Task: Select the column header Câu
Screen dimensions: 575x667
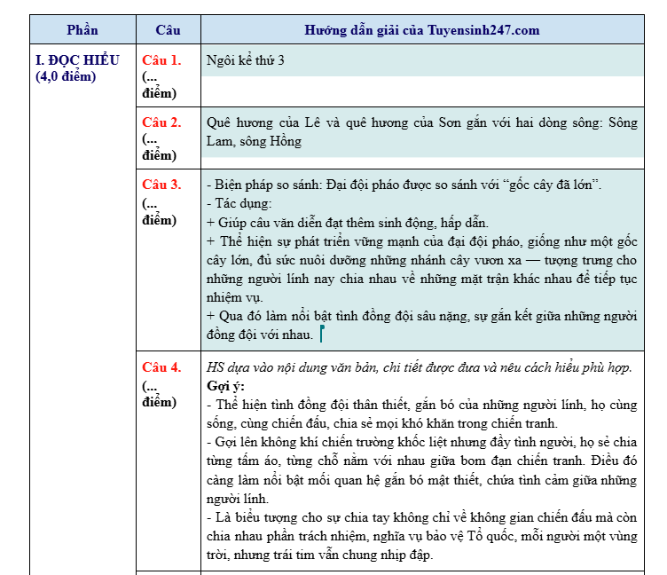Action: pyautogui.click(x=168, y=30)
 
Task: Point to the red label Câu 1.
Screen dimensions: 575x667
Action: pyautogui.click(x=161, y=60)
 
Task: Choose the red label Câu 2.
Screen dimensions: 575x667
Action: pyautogui.click(x=161, y=122)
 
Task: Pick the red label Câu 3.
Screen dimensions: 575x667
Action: pyautogui.click(x=161, y=185)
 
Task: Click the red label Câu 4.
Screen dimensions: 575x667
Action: pyautogui.click(x=161, y=367)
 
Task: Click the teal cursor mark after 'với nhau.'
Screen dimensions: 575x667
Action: pyautogui.click(x=321, y=335)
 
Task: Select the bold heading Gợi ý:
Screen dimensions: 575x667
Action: pyautogui.click(x=225, y=386)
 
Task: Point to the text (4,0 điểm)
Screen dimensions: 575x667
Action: pyautogui.click(x=66, y=76)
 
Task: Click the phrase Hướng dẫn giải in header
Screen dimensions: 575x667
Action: pyautogui.click(x=356, y=30)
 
